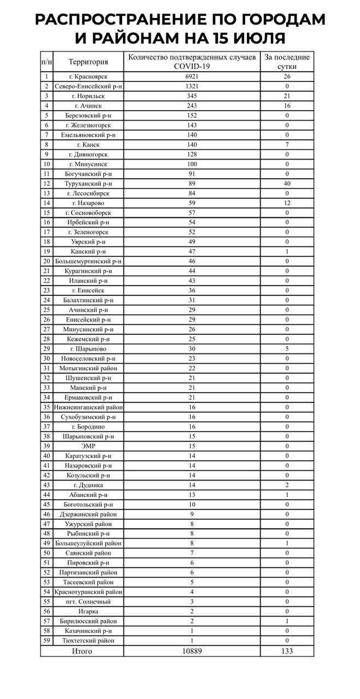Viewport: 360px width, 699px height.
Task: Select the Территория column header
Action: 88,62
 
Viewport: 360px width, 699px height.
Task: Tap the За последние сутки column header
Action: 287,62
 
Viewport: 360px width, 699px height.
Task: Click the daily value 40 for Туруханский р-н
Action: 287,183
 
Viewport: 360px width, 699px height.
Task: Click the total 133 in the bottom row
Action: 287,651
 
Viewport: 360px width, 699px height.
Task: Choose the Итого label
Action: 82,651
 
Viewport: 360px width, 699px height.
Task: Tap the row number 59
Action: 47,641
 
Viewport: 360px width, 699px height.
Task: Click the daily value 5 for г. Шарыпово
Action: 287,349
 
